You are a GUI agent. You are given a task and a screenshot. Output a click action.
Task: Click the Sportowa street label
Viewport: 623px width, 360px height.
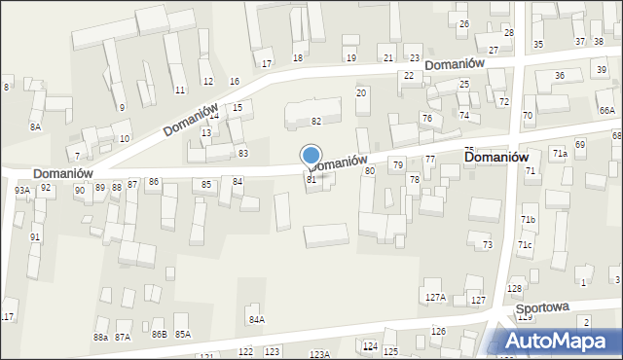(x=542, y=307)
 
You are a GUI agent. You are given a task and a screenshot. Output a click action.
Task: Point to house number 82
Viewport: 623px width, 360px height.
(x=316, y=121)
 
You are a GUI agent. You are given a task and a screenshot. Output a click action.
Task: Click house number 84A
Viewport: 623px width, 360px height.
(x=257, y=319)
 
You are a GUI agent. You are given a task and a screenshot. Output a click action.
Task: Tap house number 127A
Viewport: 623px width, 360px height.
(x=435, y=298)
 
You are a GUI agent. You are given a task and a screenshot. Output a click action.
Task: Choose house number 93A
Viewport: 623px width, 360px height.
(x=21, y=191)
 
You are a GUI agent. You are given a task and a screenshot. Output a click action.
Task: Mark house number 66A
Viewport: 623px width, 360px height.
(x=607, y=111)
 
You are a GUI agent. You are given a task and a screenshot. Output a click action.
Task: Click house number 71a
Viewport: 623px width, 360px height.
(x=559, y=154)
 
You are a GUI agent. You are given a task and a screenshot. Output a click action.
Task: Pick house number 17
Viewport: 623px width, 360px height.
(x=267, y=64)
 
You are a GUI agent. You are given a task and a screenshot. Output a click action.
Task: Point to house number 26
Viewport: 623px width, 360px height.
(x=463, y=23)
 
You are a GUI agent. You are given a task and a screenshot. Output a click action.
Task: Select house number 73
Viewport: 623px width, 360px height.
(x=487, y=244)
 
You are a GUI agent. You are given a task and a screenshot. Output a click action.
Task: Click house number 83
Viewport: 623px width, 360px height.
(x=242, y=154)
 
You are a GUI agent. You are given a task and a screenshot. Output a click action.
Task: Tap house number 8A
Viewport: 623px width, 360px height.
(x=36, y=127)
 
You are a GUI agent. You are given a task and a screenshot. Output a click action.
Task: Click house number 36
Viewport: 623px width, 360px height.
(x=559, y=76)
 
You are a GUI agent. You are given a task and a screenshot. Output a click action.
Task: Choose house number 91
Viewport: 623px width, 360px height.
(x=35, y=237)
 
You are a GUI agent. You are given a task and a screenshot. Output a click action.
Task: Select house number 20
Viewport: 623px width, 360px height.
(x=361, y=92)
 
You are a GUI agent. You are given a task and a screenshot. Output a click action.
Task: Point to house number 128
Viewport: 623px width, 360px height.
(x=515, y=289)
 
